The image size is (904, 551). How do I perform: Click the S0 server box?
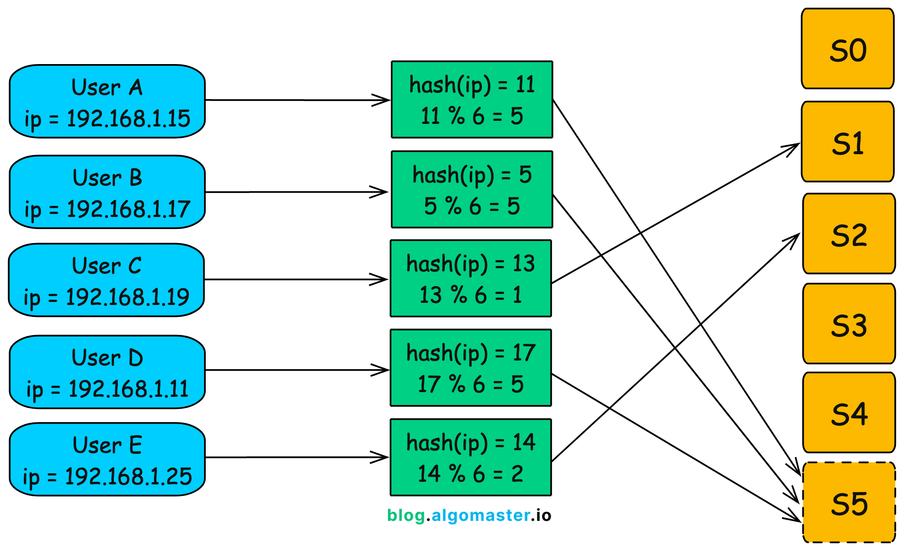click(847, 49)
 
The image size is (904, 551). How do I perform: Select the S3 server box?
click(849, 324)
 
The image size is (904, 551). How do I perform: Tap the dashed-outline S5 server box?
click(849, 502)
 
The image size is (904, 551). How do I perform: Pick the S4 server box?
click(849, 413)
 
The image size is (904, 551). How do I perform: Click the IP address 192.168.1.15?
click(128, 119)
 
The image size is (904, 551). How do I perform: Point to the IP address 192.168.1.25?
click(128, 476)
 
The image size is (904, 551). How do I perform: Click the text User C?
click(107, 266)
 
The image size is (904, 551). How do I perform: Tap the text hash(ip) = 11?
click(472, 85)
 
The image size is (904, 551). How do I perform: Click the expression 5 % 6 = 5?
click(472, 206)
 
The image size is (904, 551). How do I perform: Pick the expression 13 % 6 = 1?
click(470, 295)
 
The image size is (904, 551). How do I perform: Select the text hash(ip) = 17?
click(470, 353)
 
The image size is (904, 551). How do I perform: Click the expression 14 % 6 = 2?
click(470, 474)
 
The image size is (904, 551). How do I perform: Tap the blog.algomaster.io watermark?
click(469, 516)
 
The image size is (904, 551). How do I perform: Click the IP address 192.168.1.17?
click(128, 209)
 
